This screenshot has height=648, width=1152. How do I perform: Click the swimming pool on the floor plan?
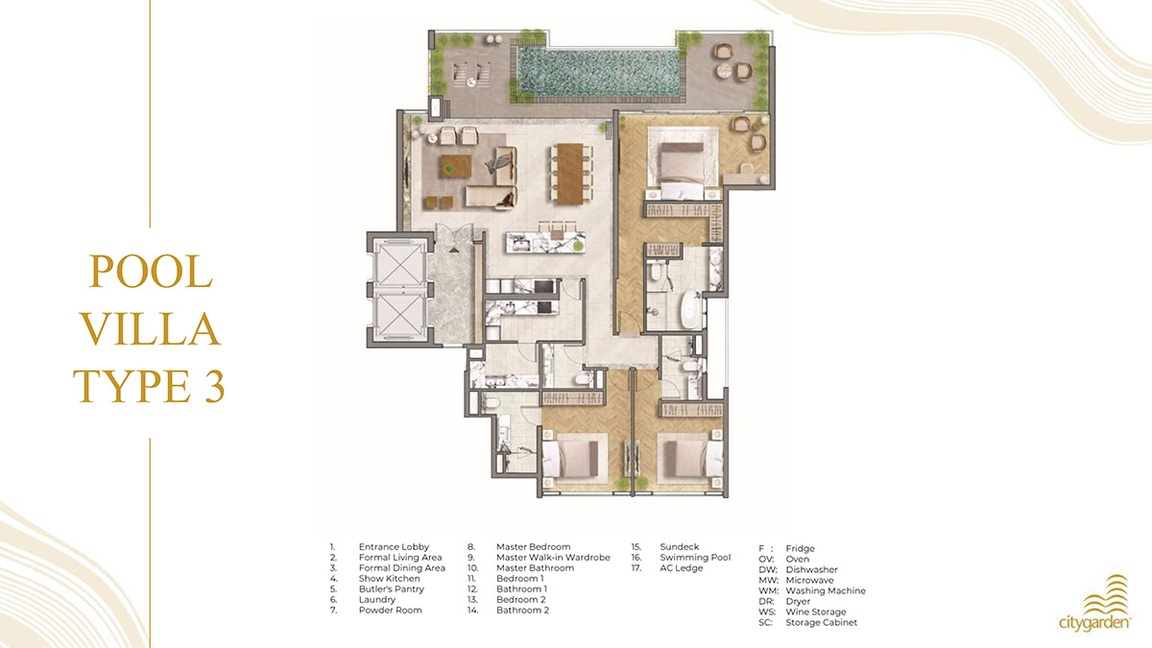(601, 72)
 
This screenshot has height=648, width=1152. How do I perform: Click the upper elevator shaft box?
(397, 262)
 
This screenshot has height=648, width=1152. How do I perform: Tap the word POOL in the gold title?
(150, 272)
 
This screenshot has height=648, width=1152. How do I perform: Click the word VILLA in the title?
(150, 329)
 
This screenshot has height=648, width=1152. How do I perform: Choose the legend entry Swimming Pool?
(695, 558)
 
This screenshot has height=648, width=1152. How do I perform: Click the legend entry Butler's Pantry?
(391, 589)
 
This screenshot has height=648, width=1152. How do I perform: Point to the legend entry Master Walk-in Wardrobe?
(553, 558)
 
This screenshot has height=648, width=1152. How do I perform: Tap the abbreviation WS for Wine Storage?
(766, 612)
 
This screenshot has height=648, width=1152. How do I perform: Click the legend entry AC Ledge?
(681, 568)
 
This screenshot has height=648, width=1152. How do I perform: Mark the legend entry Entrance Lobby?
(394, 547)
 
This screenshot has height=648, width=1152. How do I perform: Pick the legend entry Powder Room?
(390, 610)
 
